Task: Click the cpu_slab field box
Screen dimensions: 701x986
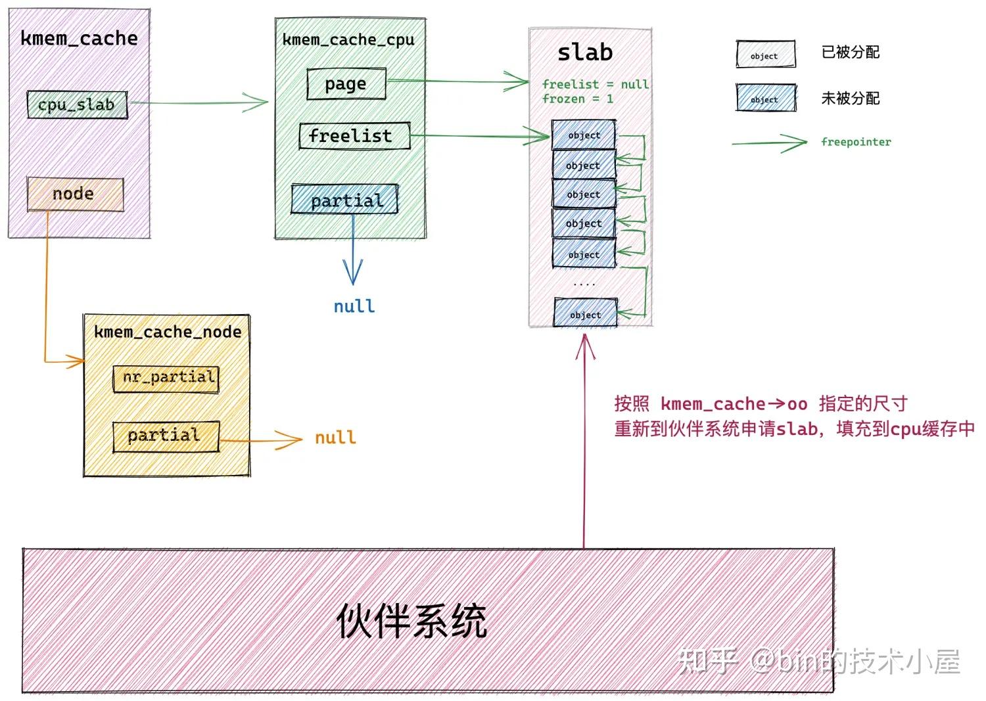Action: (x=77, y=104)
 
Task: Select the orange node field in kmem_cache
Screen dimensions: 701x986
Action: (x=75, y=194)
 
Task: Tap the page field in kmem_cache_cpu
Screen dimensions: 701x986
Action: (x=346, y=84)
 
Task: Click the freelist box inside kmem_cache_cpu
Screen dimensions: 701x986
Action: (x=354, y=136)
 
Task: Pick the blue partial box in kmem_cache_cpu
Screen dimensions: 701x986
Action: (x=345, y=200)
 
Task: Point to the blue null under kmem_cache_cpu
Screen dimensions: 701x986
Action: (x=354, y=306)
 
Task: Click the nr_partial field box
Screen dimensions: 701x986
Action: (x=166, y=378)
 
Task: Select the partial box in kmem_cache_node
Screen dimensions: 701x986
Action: (x=166, y=436)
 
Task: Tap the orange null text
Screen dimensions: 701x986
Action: (x=335, y=438)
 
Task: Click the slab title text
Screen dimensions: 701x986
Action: (x=584, y=53)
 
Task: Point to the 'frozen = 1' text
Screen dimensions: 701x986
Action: (x=577, y=99)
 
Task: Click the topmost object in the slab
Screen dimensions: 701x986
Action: (x=584, y=135)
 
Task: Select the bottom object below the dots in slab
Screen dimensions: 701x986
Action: (x=585, y=314)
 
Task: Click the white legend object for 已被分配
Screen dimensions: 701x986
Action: (x=764, y=55)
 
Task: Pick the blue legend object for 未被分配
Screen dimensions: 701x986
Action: (x=764, y=99)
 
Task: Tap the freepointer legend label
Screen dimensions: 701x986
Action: (x=856, y=142)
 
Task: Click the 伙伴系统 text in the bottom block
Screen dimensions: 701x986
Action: (x=411, y=620)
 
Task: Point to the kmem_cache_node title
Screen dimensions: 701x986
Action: (x=167, y=332)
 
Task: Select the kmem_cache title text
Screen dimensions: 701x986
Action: (x=79, y=38)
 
